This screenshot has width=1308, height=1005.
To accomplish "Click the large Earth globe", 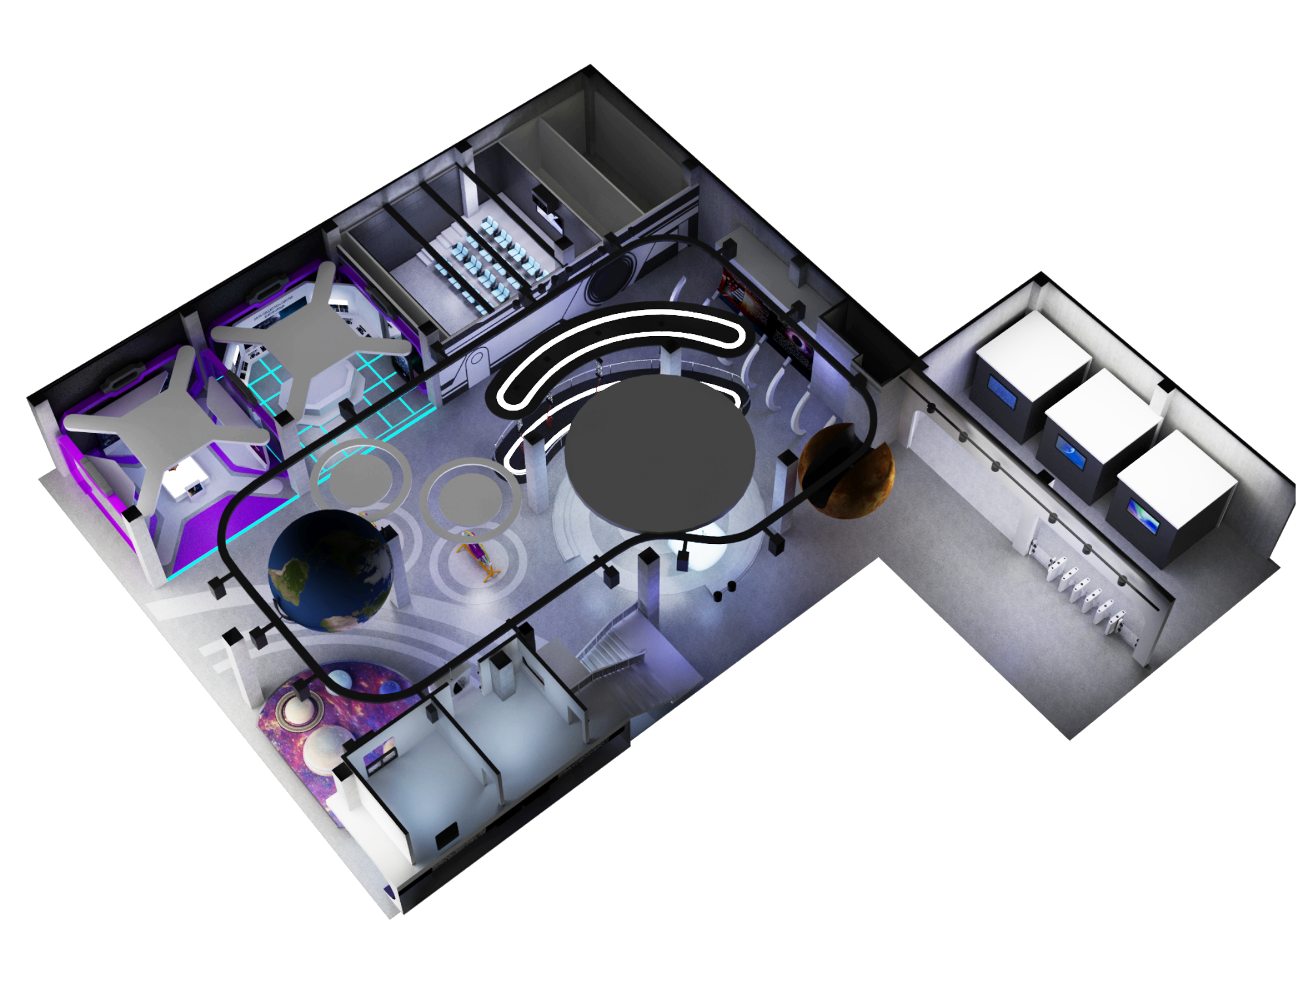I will (x=330, y=570).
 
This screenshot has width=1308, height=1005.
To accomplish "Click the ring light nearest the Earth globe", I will (x=360, y=475).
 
